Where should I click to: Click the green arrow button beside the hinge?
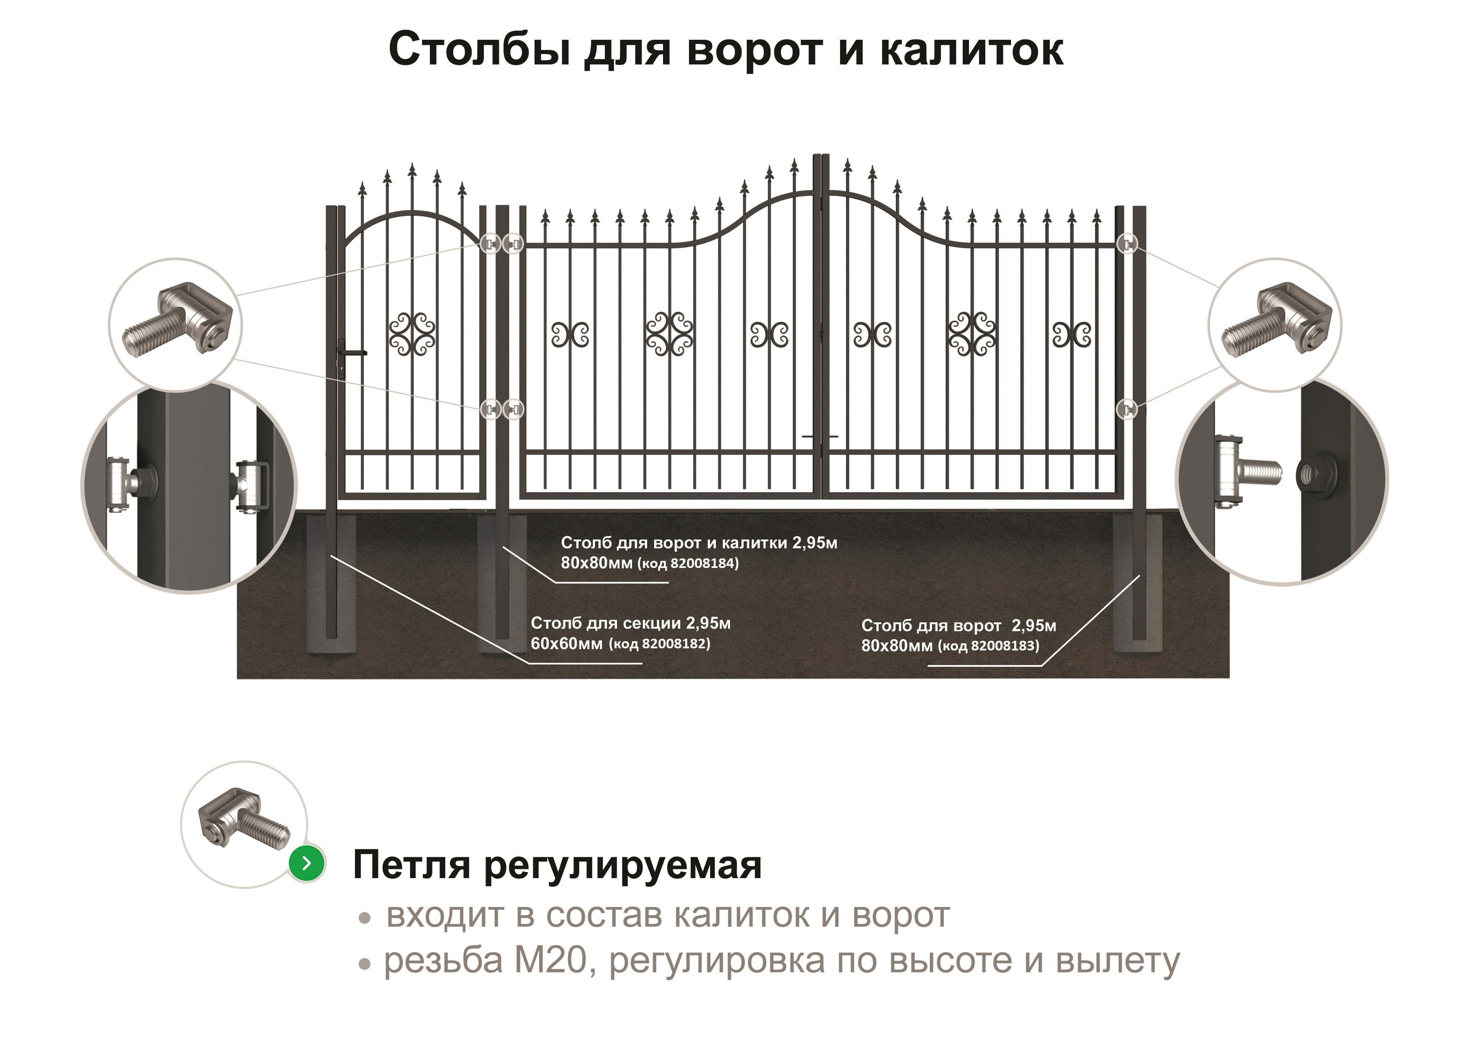pos(307,863)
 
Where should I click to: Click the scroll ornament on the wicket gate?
pos(412,334)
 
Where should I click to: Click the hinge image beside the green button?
pos(244,820)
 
